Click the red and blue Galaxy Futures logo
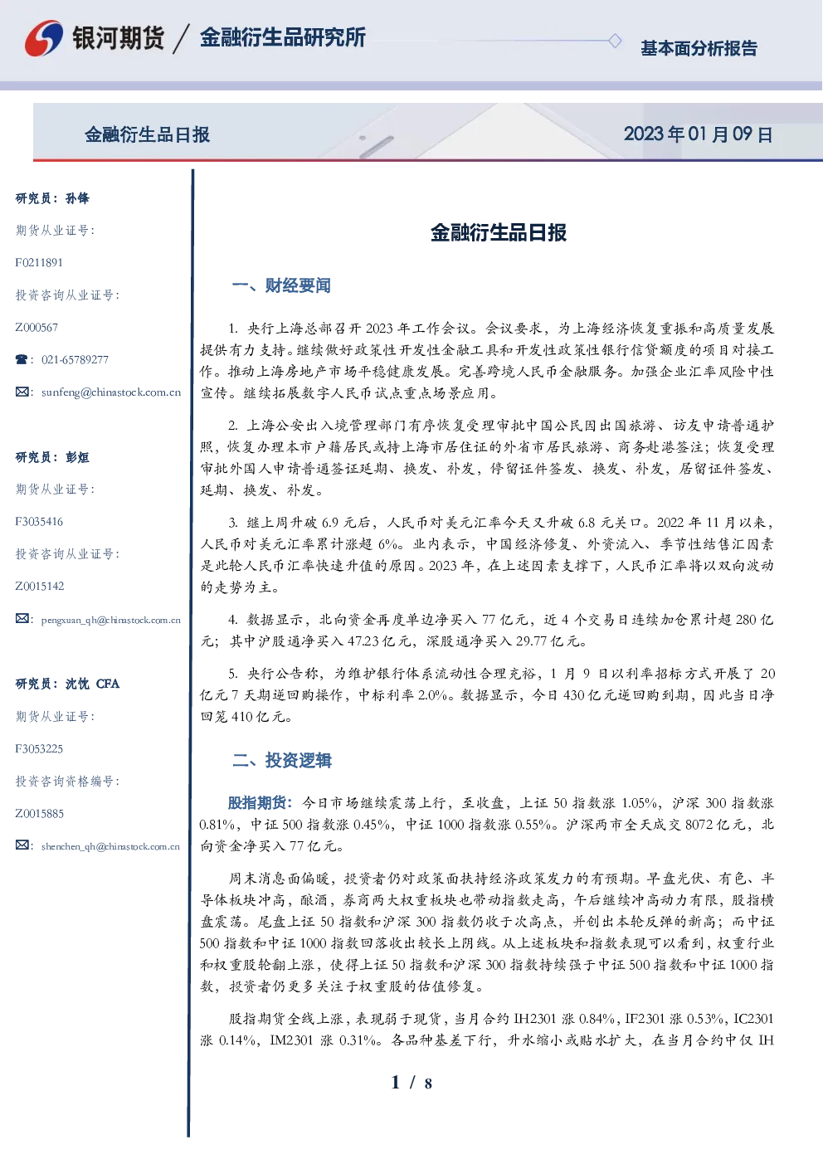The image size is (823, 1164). coord(44,38)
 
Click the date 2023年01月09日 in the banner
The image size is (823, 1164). coord(698,134)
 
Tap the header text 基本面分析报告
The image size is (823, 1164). coord(699,48)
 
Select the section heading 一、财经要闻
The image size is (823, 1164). coord(281,285)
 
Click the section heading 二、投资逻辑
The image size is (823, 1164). coord(281,760)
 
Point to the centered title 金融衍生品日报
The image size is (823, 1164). coord(499,232)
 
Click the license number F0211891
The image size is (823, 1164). coord(39,262)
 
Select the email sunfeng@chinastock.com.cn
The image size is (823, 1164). coord(111,392)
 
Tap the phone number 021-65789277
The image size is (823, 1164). coord(75,359)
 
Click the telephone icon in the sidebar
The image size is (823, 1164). coord(22,359)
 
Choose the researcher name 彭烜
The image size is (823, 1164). coord(77,457)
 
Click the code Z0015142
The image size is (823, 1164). coord(40,587)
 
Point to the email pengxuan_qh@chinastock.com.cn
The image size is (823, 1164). coord(110,620)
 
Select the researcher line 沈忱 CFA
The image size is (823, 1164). coord(92,684)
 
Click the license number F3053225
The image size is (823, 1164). coord(39,749)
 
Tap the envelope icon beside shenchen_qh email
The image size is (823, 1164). coord(22,845)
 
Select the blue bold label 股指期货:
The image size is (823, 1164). coord(261,803)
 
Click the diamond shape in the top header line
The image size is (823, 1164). coord(615,41)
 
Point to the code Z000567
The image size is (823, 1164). coord(37,328)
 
